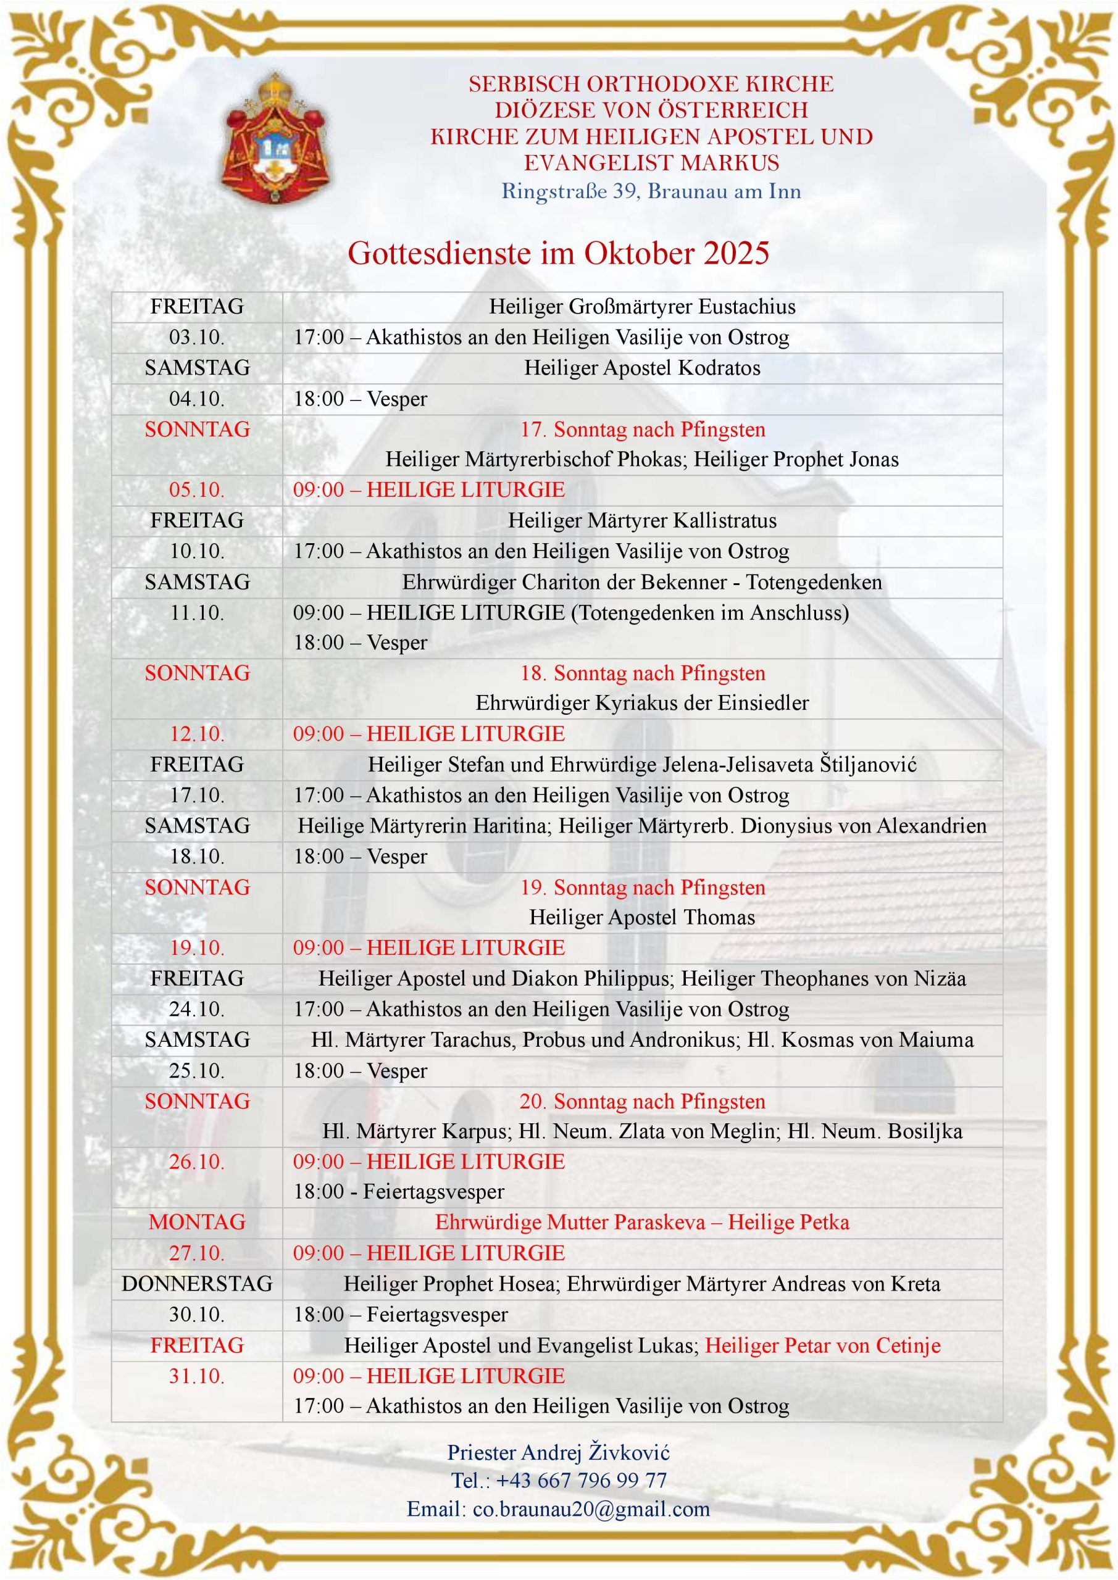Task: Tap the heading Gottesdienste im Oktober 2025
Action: click(x=557, y=253)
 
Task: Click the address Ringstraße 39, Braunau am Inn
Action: click(x=651, y=190)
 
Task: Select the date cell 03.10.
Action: click(x=197, y=337)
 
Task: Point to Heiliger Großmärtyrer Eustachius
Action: click(x=641, y=306)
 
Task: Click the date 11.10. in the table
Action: click(x=197, y=612)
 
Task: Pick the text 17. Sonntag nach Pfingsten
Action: click(x=641, y=430)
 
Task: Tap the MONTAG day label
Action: click(x=197, y=1222)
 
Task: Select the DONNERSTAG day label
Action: click(x=197, y=1283)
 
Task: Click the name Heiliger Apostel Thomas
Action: click(x=641, y=917)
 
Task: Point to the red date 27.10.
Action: click(x=197, y=1253)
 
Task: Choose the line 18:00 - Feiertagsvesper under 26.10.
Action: click(x=399, y=1192)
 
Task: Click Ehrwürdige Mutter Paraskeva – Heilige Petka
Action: click(x=641, y=1222)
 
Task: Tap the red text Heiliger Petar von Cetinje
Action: click(x=823, y=1345)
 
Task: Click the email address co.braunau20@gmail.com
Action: click(x=591, y=1509)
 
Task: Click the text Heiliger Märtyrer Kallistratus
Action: click(x=641, y=520)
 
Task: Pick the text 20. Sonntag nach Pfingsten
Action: click(x=641, y=1101)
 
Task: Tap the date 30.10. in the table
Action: click(x=197, y=1315)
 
